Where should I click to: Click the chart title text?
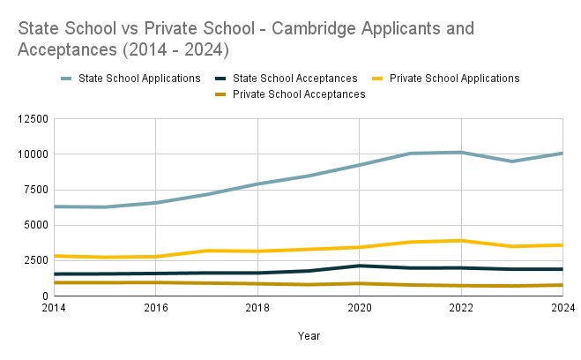(246, 37)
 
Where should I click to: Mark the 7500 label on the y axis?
(34, 190)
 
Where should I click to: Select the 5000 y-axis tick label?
(34, 225)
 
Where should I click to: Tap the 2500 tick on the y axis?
(34, 260)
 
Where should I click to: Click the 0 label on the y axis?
(43, 296)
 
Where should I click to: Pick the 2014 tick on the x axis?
(54, 308)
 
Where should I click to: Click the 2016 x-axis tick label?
(155, 308)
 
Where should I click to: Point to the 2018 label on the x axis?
(257, 308)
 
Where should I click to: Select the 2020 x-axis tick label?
(359, 308)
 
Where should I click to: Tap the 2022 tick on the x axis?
(461, 308)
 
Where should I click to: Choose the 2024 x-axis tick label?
(562, 308)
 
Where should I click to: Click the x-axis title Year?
(309, 335)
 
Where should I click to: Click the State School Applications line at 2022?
(461, 153)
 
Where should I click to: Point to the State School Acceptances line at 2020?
(359, 266)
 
